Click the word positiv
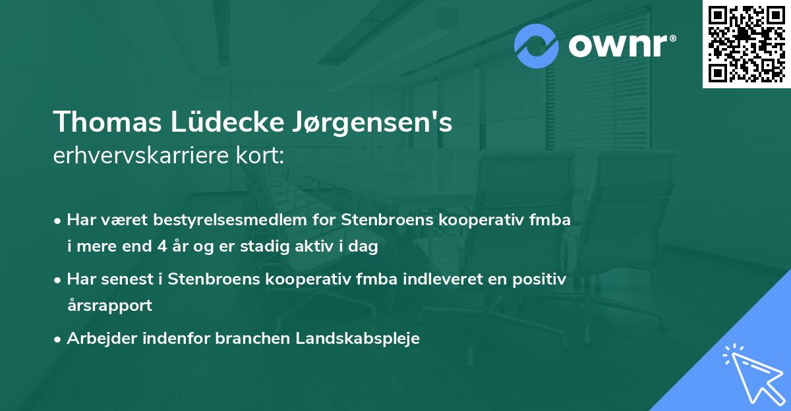point(541,279)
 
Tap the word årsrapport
point(109,306)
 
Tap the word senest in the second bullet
point(129,279)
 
